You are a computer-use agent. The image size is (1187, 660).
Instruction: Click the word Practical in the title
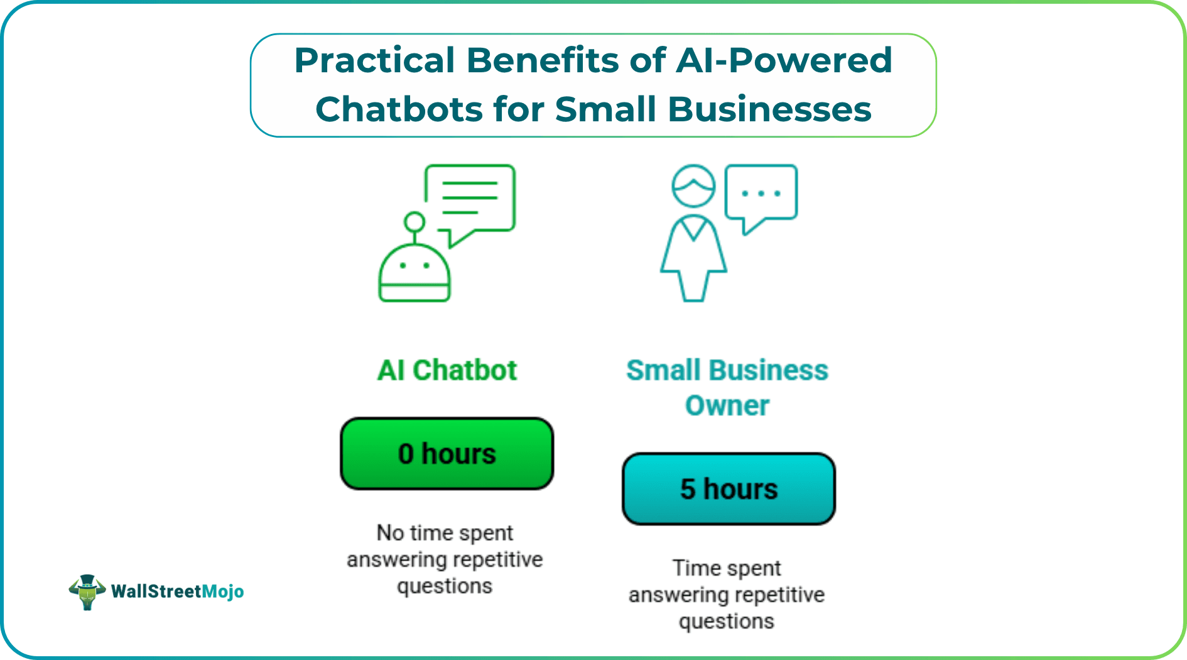point(374,62)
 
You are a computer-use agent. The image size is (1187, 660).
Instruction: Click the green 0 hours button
point(447,454)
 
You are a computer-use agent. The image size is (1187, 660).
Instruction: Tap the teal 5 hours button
point(729,489)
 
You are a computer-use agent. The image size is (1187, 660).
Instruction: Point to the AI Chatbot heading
point(447,370)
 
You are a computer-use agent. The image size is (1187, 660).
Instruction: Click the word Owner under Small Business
point(727,406)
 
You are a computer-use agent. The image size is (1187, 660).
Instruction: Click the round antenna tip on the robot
point(415,222)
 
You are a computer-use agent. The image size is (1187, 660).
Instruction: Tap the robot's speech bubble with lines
point(471,198)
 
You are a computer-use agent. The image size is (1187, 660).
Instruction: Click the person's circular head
point(693,186)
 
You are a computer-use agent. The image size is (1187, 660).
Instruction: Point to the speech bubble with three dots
point(761,194)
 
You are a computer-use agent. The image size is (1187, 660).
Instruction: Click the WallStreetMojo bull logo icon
point(87,591)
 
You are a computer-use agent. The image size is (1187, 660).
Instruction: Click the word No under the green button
point(390,533)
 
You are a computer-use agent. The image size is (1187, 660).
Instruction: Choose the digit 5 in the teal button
point(688,490)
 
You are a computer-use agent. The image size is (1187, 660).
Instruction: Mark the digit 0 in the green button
point(406,454)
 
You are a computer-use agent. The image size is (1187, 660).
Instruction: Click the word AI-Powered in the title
point(784,62)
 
